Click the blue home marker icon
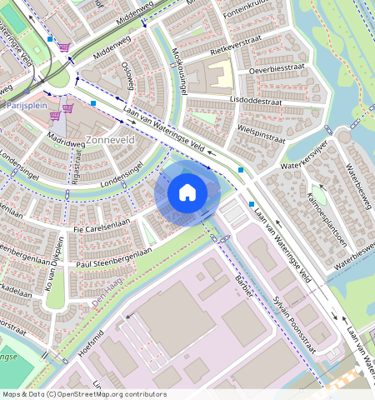click(187, 192)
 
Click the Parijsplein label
click(24, 107)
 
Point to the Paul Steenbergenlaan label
click(114, 257)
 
